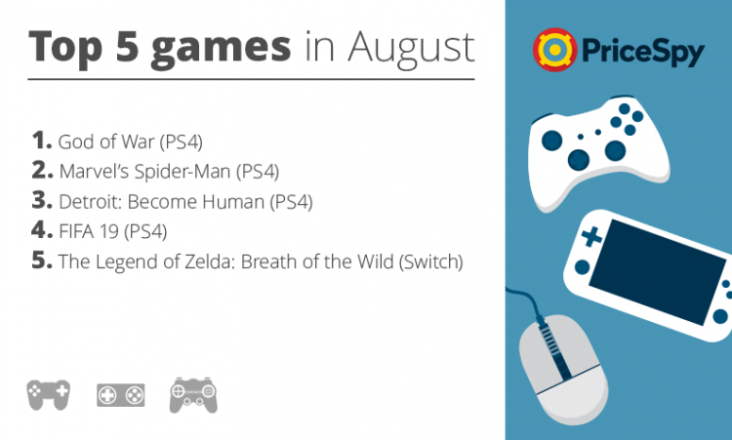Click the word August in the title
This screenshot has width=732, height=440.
[411, 49]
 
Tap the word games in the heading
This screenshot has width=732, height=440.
[221, 49]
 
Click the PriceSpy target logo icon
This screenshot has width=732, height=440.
[555, 50]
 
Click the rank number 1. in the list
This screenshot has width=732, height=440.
[42, 140]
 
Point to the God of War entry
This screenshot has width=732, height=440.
[130, 141]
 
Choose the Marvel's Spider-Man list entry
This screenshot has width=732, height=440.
[169, 172]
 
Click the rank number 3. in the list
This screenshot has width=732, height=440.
[42, 200]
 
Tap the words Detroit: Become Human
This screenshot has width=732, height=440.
[161, 202]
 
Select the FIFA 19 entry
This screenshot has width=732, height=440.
[112, 231]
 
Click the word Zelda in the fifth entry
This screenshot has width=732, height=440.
[208, 261]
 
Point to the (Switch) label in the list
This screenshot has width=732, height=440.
[430, 261]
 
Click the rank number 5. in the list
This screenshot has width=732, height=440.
[42, 260]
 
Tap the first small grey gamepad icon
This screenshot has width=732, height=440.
[48, 395]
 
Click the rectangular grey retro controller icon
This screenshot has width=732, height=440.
[120, 395]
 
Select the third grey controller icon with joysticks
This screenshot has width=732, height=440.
[193, 395]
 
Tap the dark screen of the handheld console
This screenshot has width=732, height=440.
[657, 271]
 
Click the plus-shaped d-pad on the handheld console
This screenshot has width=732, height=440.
[591, 236]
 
